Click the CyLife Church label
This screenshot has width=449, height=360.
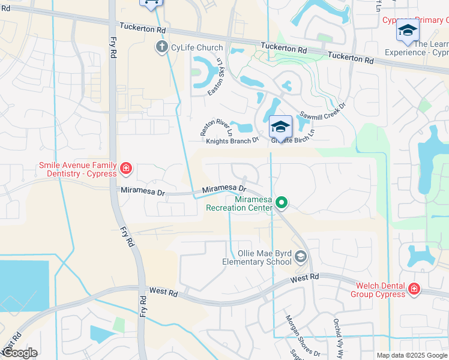click(x=197, y=47)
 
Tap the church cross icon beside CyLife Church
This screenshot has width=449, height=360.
click(x=161, y=47)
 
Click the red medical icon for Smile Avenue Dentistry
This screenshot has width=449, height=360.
click(x=125, y=167)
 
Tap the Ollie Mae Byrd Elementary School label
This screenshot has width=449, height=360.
click(x=256, y=257)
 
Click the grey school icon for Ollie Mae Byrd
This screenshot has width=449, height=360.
click(x=300, y=258)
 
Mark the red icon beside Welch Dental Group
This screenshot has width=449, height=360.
click(x=414, y=290)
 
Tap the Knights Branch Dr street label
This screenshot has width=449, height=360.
click(x=232, y=140)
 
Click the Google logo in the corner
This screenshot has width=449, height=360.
click(x=19, y=353)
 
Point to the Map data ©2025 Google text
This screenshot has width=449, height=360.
click(x=412, y=355)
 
